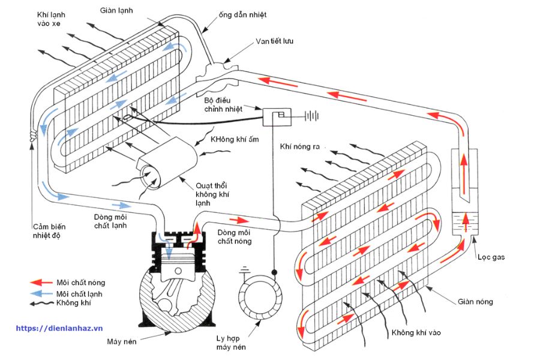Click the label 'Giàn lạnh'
click(x=116, y=11)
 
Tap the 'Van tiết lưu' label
click(x=274, y=41)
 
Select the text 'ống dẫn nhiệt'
click(x=242, y=15)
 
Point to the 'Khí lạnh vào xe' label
click(x=51, y=19)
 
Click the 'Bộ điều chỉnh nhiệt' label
click(x=223, y=105)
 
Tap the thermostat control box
click(x=277, y=117)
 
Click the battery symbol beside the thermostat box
click(x=311, y=116)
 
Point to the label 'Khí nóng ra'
click(x=299, y=146)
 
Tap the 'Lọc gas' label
click(x=491, y=257)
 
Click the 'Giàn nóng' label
click(x=475, y=302)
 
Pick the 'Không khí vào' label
click(x=416, y=332)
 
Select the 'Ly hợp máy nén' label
click(x=231, y=343)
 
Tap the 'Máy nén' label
click(x=122, y=342)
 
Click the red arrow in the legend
click(x=41, y=283)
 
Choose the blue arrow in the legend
click(x=41, y=293)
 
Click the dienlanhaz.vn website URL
click(x=59, y=328)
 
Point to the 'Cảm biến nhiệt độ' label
click(x=49, y=231)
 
